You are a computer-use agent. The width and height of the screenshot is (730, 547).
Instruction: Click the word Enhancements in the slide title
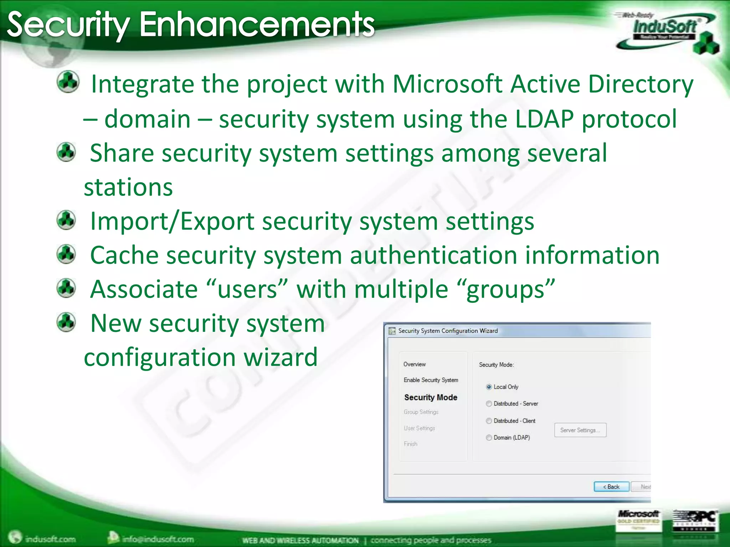pyautogui.click(x=257, y=24)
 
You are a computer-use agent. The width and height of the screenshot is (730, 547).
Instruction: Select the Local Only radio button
pyautogui.click(x=489, y=387)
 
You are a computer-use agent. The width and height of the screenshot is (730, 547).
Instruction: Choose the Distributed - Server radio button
pyautogui.click(x=489, y=403)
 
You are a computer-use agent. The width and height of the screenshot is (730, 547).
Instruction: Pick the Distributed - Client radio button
pyautogui.click(x=489, y=421)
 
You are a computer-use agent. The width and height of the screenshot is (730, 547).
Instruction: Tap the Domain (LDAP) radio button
pyautogui.click(x=489, y=437)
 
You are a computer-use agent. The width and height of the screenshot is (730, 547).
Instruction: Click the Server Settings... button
pyautogui.click(x=580, y=430)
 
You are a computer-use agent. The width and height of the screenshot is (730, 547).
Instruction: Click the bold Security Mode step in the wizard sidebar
pyautogui.click(x=431, y=397)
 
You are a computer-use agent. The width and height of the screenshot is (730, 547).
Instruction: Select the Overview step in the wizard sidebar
pyautogui.click(x=415, y=364)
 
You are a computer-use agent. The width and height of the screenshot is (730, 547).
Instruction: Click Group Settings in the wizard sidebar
pyautogui.click(x=421, y=412)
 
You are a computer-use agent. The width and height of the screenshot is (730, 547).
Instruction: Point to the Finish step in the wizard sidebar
pyautogui.click(x=411, y=444)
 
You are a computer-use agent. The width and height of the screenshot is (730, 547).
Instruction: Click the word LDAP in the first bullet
pyautogui.click(x=544, y=119)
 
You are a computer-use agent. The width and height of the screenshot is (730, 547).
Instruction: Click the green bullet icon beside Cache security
pyautogui.click(x=66, y=254)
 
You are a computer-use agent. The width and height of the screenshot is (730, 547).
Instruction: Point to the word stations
pyautogui.click(x=128, y=187)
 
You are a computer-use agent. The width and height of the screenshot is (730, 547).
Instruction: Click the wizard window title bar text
pyautogui.click(x=448, y=330)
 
